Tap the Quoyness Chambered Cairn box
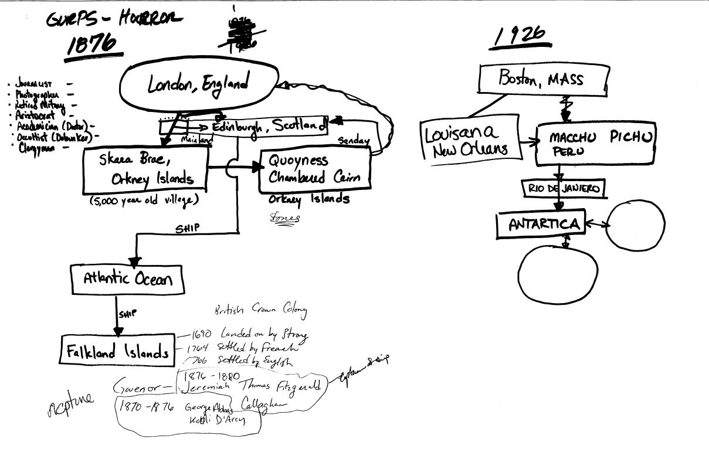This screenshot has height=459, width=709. [315, 168]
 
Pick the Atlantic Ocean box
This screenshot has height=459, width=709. [127, 279]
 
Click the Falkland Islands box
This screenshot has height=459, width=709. [118, 352]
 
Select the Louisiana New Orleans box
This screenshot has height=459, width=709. [470, 141]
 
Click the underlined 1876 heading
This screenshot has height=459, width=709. [91, 45]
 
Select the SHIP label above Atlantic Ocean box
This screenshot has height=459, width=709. [186, 229]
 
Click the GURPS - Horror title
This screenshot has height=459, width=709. [110, 19]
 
